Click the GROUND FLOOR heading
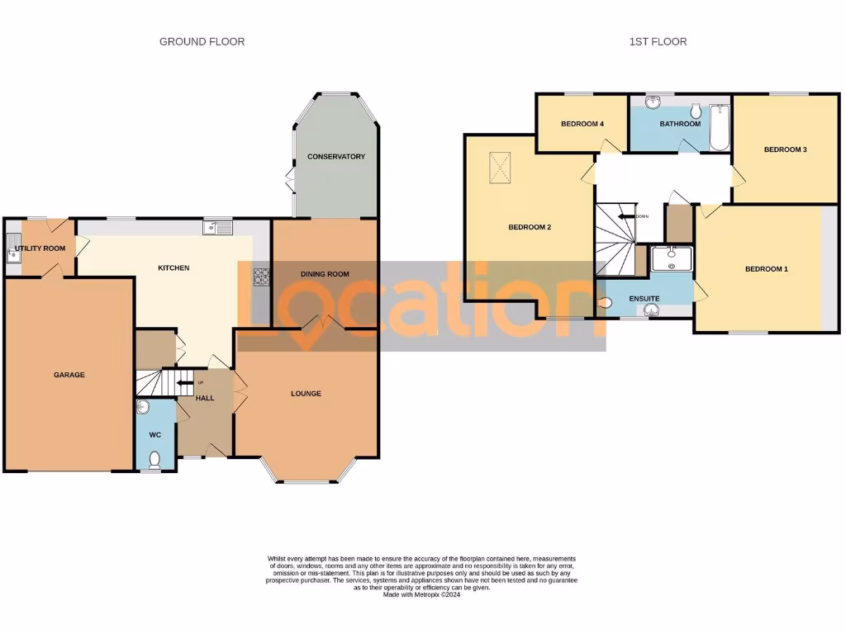click(x=202, y=41)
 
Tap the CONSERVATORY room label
click(x=335, y=157)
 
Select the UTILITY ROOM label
click(x=40, y=248)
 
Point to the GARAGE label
click(x=69, y=375)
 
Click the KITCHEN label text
click(x=173, y=268)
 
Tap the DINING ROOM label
click(x=324, y=274)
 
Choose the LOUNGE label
click(x=306, y=394)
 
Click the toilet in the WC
click(x=154, y=459)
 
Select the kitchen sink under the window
click(x=220, y=228)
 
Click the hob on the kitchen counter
click(x=262, y=277)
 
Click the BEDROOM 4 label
click(x=582, y=125)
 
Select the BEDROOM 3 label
click(x=785, y=150)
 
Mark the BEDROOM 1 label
click(x=766, y=269)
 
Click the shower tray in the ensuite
click(x=672, y=259)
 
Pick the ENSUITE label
click(x=644, y=298)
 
